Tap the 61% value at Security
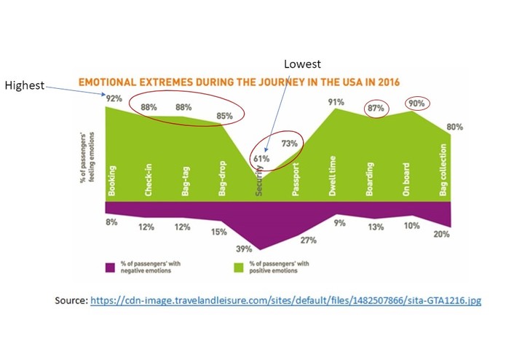coord(262,157)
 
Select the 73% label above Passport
coord(290,144)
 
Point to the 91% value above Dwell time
coord(336,102)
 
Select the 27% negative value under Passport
coord(308,240)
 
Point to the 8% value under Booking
coord(112,222)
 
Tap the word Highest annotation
coord(25,85)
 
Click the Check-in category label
coord(149,180)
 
